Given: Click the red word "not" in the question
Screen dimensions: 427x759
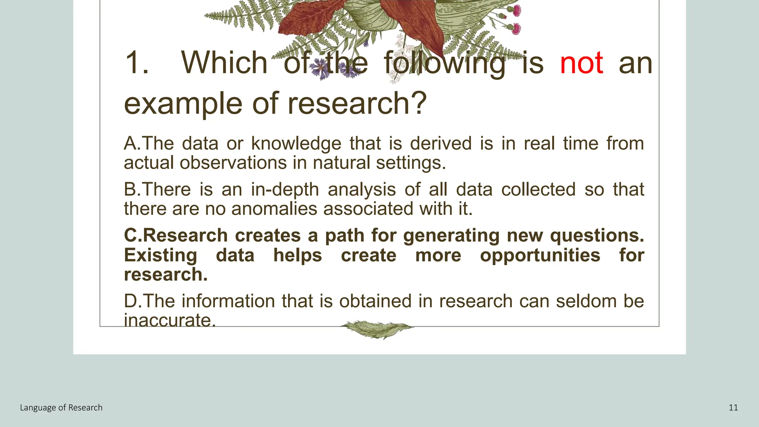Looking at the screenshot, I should click(581, 63).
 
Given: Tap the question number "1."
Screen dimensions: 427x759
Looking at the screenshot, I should click(137, 63).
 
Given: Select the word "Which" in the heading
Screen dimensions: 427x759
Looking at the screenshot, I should click(224, 63).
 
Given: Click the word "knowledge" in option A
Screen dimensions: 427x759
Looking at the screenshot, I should click(296, 144).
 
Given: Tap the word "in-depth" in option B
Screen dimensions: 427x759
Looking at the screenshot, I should click(285, 189).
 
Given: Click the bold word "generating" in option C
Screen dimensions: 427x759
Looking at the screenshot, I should click(451, 236).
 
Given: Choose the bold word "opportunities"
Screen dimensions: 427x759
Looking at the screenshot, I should click(540, 255).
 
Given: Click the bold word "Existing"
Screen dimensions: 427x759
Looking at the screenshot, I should click(160, 255).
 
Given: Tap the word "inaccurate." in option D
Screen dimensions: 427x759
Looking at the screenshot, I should click(170, 320).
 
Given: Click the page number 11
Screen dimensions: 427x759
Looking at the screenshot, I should click(733, 408).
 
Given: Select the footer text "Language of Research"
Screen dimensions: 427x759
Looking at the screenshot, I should click(61, 408).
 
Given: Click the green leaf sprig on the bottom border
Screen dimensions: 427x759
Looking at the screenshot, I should click(377, 329).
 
